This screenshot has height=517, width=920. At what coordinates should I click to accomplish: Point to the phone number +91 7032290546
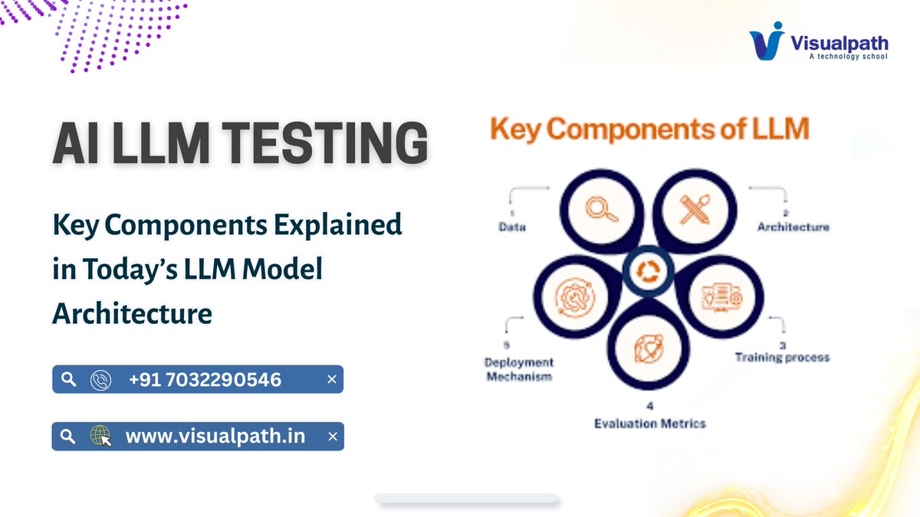205,379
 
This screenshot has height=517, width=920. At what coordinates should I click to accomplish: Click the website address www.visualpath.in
215,437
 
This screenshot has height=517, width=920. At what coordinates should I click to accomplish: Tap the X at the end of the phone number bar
332,379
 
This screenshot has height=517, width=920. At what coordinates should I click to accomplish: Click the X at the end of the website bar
332,437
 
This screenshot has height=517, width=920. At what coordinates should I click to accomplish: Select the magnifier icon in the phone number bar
68,379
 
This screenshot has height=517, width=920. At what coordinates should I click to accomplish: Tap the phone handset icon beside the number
100,379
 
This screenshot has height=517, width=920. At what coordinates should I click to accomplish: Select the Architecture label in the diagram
793,227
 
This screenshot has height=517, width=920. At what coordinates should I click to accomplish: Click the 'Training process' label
781,357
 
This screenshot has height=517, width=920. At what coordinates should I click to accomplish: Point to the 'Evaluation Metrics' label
650,423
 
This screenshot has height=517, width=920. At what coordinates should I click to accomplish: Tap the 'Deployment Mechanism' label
520,368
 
